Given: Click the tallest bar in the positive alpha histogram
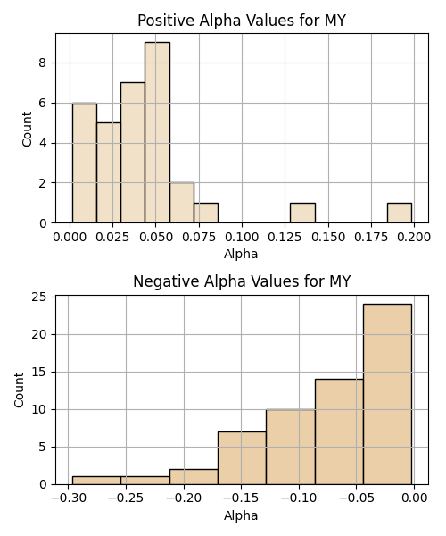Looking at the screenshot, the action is coord(157,132).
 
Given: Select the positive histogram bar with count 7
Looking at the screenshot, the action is coord(133,153).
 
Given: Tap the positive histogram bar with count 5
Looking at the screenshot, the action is coord(109,172).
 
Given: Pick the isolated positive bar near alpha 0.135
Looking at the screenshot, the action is coord(302,213).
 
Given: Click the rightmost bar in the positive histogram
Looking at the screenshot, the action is coord(400,213).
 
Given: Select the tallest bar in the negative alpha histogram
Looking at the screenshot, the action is coord(387,394).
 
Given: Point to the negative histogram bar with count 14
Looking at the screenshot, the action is coord(339,431).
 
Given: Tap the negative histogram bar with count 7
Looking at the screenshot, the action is coord(242,458).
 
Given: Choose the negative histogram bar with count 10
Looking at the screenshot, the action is coord(291,447).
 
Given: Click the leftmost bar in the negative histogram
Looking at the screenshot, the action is coord(96,481).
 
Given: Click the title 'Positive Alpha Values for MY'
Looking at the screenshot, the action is coord(242,21).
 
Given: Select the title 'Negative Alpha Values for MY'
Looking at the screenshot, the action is coord(242,281).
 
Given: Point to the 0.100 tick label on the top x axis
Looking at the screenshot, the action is coord(242,237).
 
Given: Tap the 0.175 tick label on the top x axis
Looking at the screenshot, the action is coord(371,237).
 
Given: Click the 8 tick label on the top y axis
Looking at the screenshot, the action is coord(43,63).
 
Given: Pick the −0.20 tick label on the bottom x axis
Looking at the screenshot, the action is coord(184,498).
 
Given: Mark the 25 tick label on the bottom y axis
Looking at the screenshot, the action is coord(39,297).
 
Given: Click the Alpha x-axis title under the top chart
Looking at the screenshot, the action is coord(241,254).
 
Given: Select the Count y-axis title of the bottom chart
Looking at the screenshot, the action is coord(19,390).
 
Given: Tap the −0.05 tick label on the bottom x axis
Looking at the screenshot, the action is coord(357,498).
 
